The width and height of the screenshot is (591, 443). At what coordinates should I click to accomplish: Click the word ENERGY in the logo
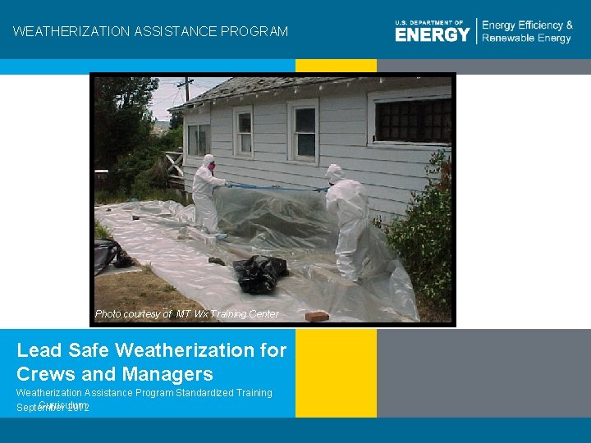(x=432, y=34)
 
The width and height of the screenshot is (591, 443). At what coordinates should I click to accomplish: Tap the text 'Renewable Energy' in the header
(x=527, y=39)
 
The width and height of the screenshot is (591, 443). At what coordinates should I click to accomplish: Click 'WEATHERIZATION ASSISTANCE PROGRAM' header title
(x=151, y=32)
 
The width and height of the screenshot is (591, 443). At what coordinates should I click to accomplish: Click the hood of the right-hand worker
(x=334, y=173)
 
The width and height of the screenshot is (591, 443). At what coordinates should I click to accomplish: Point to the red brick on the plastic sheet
(x=316, y=316)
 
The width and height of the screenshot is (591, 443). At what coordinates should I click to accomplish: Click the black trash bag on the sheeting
(x=259, y=273)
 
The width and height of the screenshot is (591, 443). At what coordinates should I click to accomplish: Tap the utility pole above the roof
(x=188, y=88)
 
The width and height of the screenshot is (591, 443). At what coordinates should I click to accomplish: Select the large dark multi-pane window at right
(x=412, y=120)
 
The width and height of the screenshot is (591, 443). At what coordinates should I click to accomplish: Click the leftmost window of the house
(x=198, y=139)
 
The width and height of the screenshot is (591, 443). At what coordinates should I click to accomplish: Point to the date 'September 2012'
(x=53, y=407)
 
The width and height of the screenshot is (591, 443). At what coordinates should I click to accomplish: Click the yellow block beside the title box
(x=336, y=373)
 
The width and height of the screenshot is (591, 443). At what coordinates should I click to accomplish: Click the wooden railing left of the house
(x=174, y=168)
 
